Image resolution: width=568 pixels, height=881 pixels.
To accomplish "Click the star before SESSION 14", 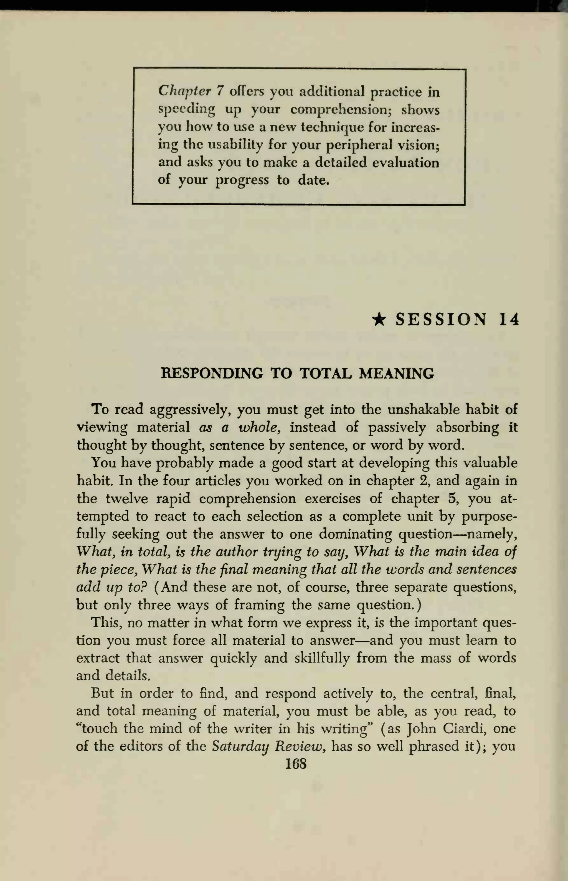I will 379,319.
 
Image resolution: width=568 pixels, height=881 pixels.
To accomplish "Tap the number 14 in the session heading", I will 509,319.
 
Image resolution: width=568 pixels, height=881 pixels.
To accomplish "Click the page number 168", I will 296,763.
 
